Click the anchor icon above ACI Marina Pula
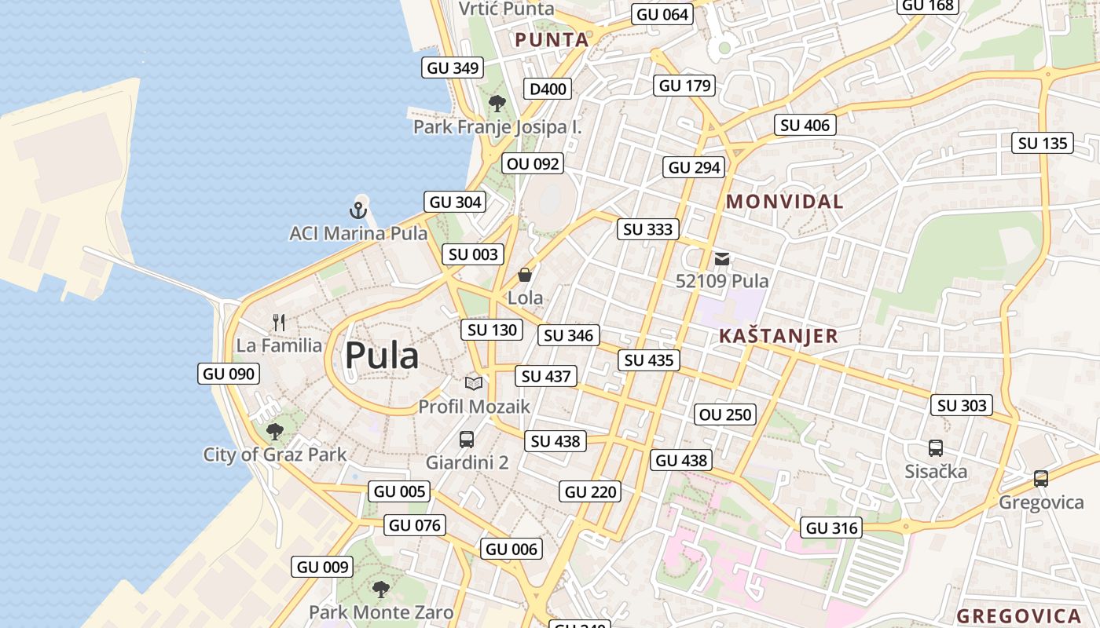point(358,210)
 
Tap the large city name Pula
point(382,356)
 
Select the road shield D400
point(548,89)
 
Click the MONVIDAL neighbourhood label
point(784,202)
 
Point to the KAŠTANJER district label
point(778,337)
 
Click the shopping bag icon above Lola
point(525,275)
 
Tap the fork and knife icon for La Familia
point(279,322)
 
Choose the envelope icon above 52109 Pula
point(722,258)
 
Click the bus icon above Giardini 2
point(467,439)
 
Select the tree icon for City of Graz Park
point(274,431)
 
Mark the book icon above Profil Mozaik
point(473,383)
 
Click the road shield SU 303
point(962,405)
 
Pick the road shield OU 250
point(725,414)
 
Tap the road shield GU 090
point(229,374)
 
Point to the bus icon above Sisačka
point(935,448)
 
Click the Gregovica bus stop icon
point(1041,478)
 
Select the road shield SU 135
point(1043,143)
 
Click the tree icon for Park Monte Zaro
point(380,589)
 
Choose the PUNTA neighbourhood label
point(552,40)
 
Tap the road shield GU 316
point(832,528)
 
